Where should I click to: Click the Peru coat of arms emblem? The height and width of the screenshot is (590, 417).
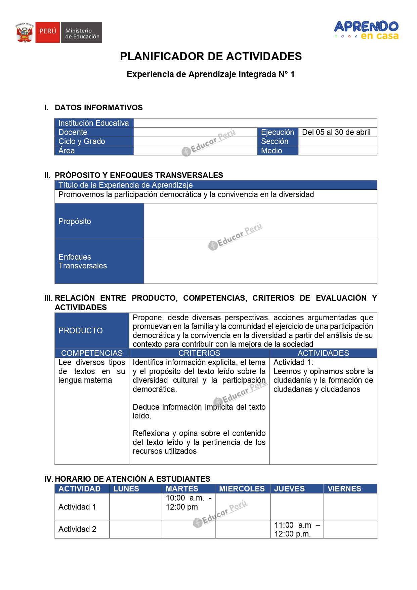pos(25,33)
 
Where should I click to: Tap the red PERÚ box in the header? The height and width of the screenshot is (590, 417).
pos(47,32)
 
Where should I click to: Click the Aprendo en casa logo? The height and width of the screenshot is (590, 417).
pos(366,30)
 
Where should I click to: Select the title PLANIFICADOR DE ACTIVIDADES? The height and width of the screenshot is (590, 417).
pos(211,57)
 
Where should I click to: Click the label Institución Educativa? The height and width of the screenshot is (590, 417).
pos(93,123)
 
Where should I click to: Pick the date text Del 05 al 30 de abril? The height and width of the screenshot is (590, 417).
pos(336,132)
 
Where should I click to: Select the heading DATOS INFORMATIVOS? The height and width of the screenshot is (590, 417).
pos(98,108)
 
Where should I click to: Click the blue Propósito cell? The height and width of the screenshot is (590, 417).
pos(99,221)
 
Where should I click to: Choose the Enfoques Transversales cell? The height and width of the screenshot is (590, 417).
pos(99,261)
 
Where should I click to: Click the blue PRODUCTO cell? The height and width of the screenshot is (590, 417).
pos(92,331)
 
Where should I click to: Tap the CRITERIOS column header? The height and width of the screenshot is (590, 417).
pos(199,353)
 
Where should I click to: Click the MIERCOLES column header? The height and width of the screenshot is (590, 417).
pos(242,489)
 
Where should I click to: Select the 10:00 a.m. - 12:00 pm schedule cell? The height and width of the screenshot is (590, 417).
pos(188,503)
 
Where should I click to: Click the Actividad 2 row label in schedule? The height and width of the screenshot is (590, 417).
pos(77,529)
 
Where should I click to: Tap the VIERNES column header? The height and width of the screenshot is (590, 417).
pos(344,489)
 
